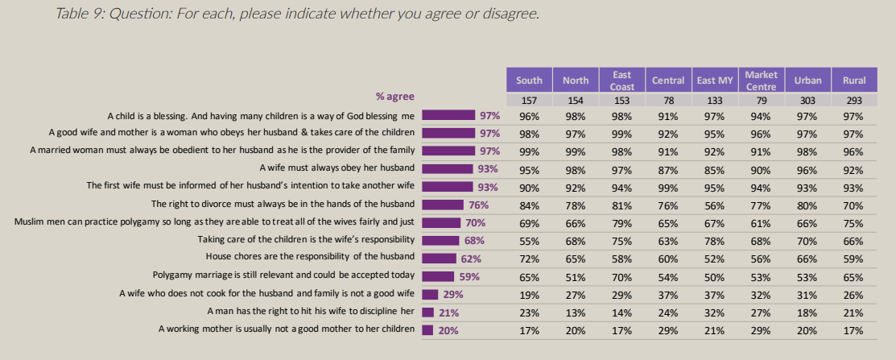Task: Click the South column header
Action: [529, 80]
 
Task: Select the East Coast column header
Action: [622, 80]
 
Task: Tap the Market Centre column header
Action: [761, 80]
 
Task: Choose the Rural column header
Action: [854, 80]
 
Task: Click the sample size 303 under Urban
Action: [807, 101]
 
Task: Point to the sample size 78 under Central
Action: [668, 101]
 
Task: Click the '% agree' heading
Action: [394, 97]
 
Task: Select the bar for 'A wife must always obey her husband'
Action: [448, 168]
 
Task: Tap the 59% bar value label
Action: [469, 276]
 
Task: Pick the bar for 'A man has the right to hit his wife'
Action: [428, 312]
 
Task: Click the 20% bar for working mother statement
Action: [427, 329]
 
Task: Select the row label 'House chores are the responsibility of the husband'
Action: [310, 258]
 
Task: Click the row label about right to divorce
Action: [283, 204]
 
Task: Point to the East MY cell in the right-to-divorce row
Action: [715, 204]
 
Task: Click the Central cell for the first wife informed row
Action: [668, 186]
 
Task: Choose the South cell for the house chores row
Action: [529, 258]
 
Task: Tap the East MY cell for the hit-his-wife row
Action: [715, 312]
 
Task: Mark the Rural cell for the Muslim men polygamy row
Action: [854, 222]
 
